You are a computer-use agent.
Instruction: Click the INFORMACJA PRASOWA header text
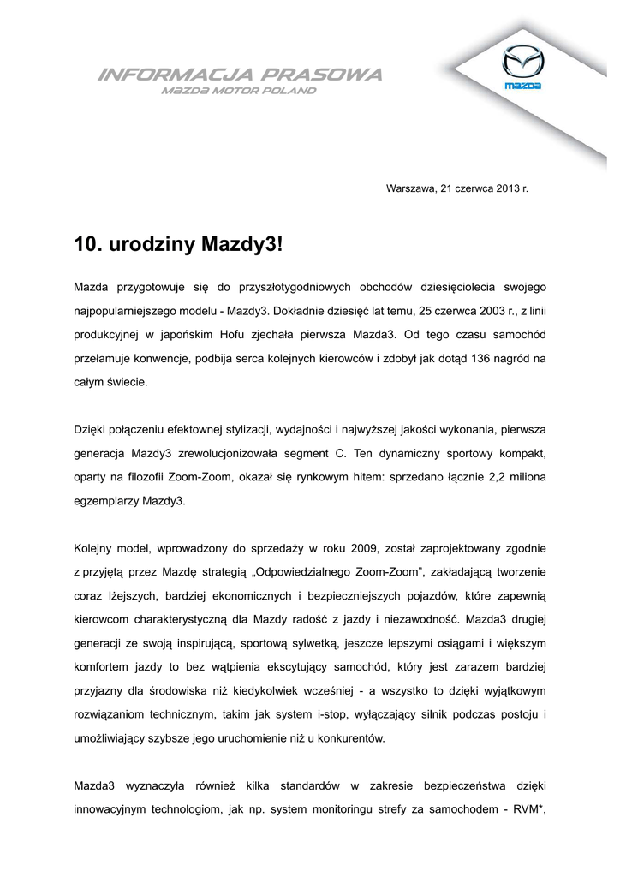tap(241, 75)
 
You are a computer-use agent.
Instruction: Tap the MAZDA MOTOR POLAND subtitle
tap(239, 90)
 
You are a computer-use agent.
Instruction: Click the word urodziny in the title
tap(154, 246)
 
